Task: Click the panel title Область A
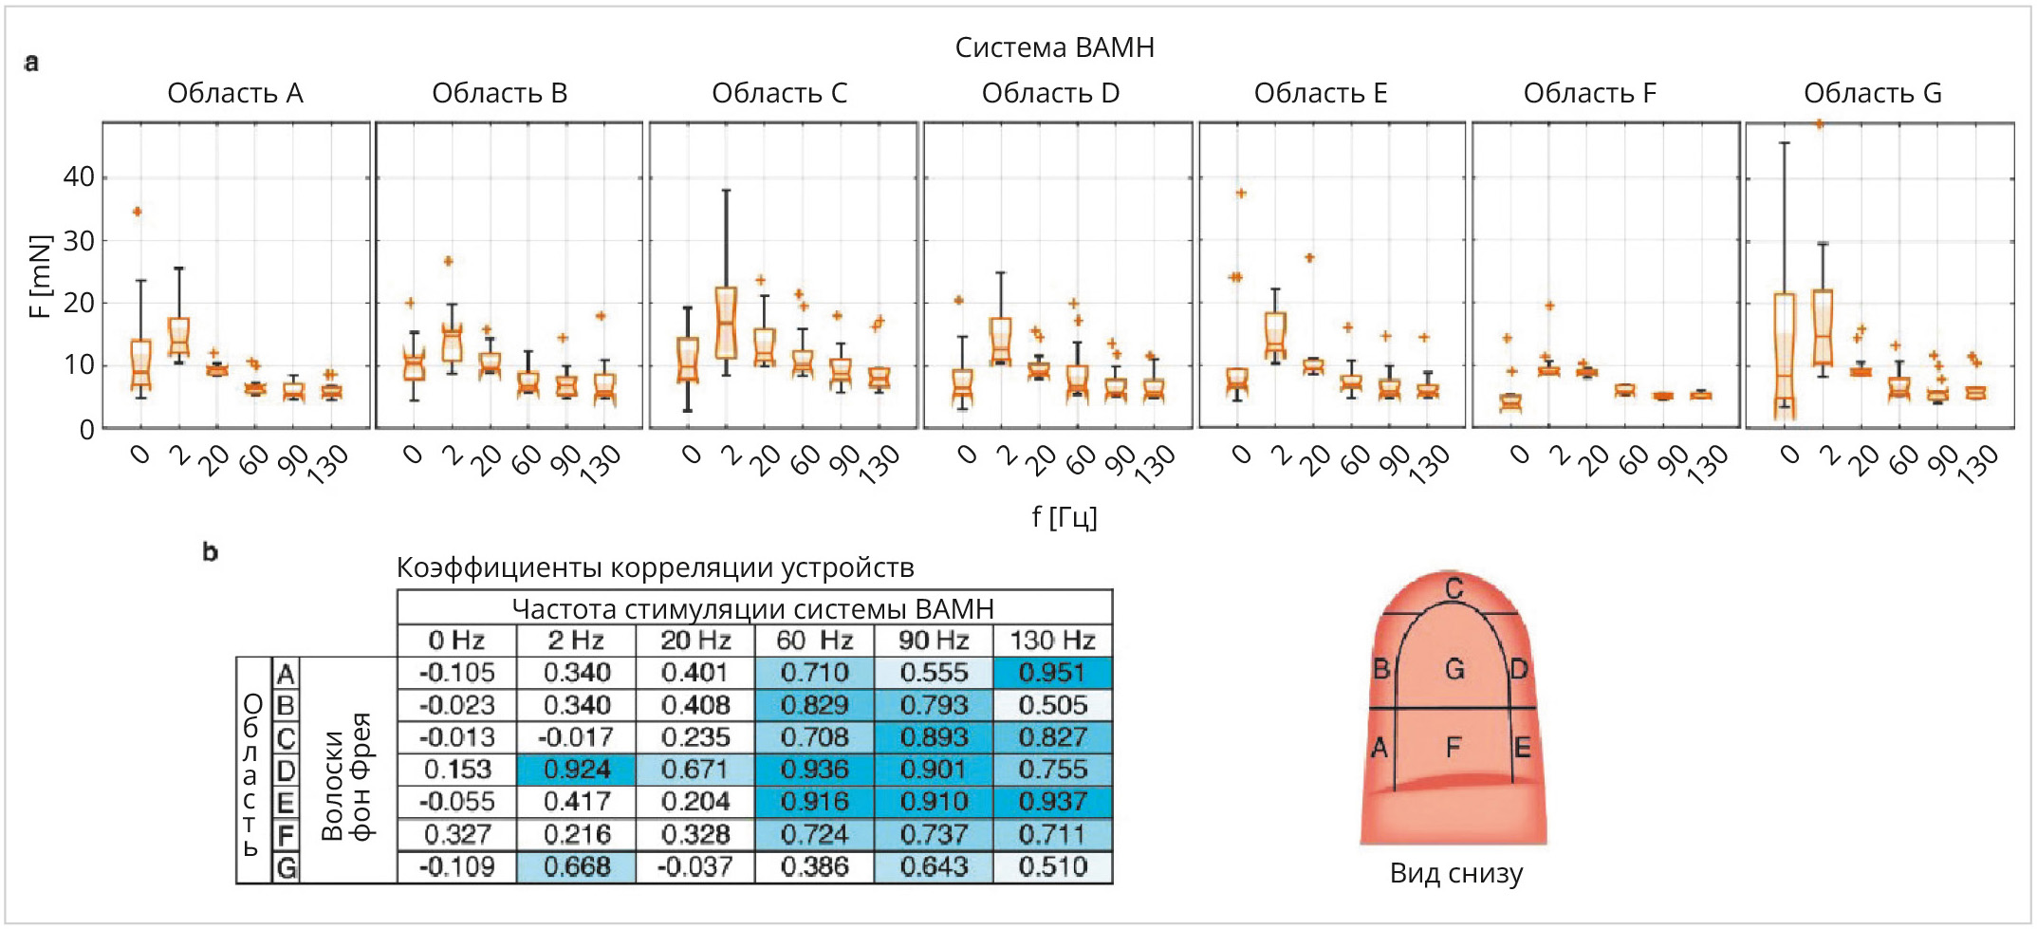(235, 93)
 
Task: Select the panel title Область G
(1872, 93)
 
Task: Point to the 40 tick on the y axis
(79, 177)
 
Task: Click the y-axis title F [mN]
(39, 276)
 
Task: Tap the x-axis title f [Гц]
(1065, 517)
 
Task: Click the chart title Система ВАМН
(1054, 47)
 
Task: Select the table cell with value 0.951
(1052, 673)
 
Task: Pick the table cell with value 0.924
(576, 770)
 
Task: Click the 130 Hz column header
(1052, 641)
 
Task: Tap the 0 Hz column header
(456, 641)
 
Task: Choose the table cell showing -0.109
(456, 867)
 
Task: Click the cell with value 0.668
(576, 867)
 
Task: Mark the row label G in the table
(286, 867)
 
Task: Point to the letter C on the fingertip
(1454, 589)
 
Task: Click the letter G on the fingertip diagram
(1454, 669)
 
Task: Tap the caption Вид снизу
(1455, 873)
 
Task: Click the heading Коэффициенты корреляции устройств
(655, 567)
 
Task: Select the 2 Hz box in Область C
(726, 323)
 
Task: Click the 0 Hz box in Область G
(1785, 356)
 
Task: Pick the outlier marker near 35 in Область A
(138, 212)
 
